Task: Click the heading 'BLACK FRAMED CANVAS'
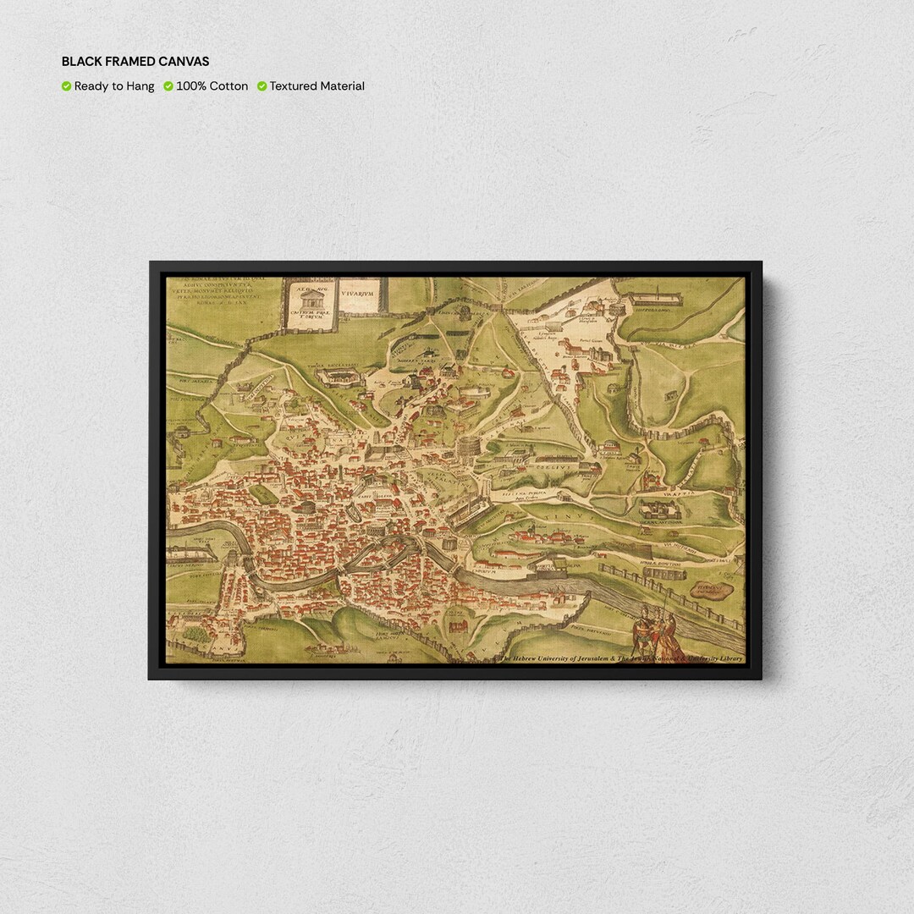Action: (135, 62)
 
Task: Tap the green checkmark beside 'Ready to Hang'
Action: (66, 86)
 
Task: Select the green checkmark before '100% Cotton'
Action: (168, 86)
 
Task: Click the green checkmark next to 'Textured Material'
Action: (262, 86)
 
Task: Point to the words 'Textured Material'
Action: (317, 86)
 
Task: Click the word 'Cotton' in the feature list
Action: (228, 86)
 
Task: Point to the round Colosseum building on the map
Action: (468, 445)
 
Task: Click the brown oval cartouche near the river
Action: (712, 590)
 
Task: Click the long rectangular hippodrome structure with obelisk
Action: (657, 297)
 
